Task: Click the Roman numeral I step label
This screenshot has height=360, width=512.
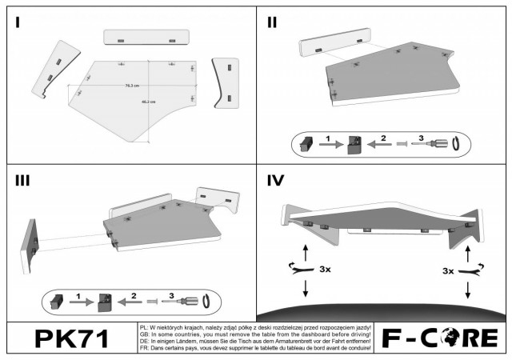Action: coord(18,22)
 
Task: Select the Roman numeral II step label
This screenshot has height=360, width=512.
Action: coord(272,22)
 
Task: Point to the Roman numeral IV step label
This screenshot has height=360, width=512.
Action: coord(276,181)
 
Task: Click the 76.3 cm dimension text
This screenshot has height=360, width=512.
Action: coord(132,85)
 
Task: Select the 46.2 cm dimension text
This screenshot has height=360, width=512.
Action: coord(148,102)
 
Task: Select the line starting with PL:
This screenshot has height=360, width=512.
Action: coord(254,328)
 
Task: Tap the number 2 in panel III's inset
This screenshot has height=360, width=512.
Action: coord(134,295)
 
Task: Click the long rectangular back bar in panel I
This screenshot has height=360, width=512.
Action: coord(146,38)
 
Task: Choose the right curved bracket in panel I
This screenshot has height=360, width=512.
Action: coord(226,82)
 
